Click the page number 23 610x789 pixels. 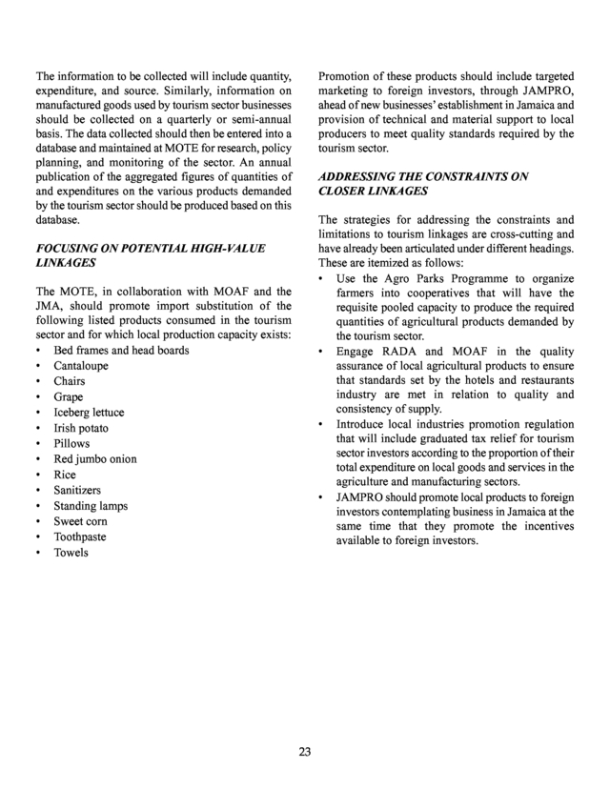(304, 752)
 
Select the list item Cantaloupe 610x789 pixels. (80, 366)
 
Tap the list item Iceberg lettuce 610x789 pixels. (89, 413)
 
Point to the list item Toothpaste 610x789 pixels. (81, 536)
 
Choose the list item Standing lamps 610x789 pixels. (91, 506)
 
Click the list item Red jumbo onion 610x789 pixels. (94, 459)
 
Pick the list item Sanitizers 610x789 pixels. (78, 490)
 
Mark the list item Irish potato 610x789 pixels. (81, 428)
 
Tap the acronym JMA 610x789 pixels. (51, 304)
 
